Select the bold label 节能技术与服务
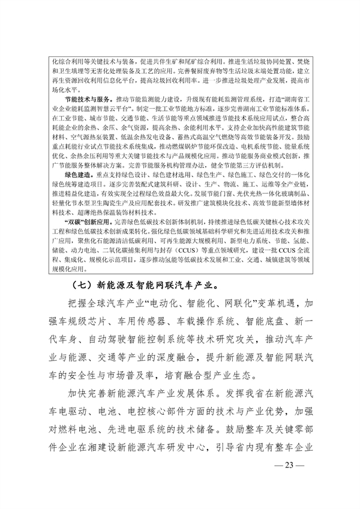pyautogui.click(x=88, y=98)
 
